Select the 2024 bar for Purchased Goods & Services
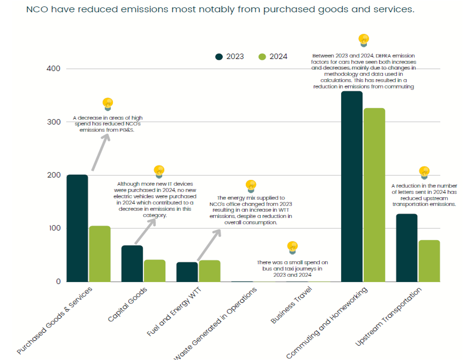point(100,254)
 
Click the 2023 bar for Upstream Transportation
point(407,248)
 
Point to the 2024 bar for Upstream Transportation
point(429,261)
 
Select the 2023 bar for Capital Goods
point(132,264)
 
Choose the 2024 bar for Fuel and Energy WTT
point(209,271)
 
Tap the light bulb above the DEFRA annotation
point(363,39)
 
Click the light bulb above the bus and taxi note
point(292,247)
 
